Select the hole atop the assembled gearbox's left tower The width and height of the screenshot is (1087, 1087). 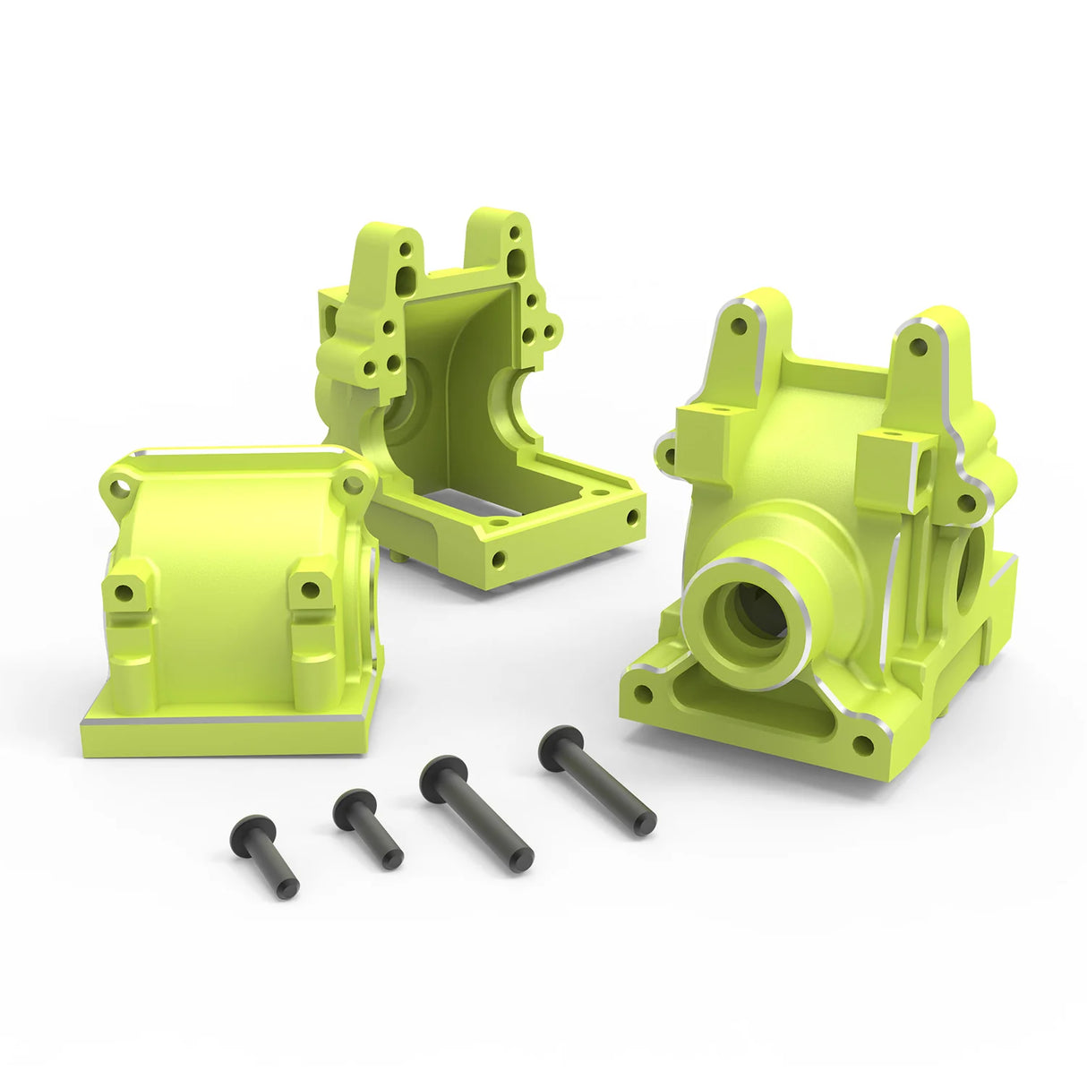(739, 326)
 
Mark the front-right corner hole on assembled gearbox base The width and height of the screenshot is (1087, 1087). (863, 745)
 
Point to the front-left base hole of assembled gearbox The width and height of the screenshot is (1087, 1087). (642, 692)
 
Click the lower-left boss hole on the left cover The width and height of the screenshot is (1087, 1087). (124, 592)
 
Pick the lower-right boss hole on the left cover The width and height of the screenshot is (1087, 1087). (310, 589)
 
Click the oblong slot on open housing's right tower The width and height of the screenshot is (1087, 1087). (518, 262)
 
